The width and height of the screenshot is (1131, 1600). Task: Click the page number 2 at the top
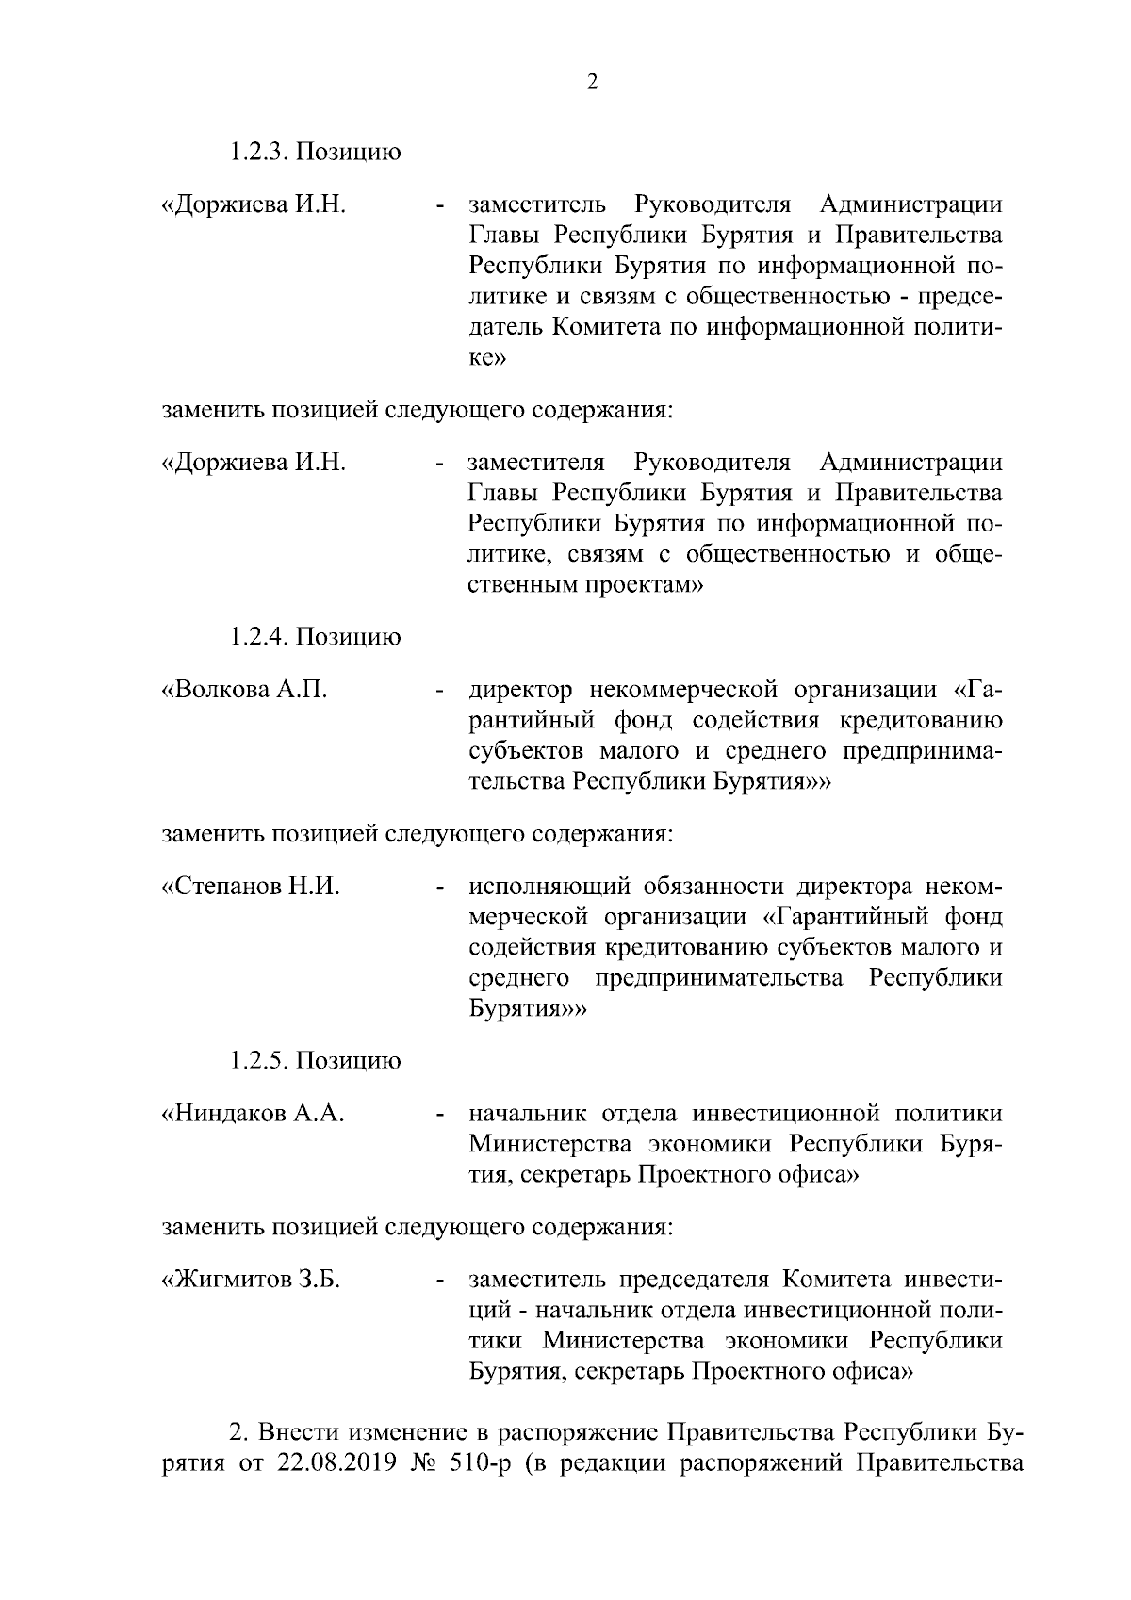tap(592, 82)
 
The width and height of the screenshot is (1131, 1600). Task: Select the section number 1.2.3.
tap(259, 152)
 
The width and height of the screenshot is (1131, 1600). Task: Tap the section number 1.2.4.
tap(259, 637)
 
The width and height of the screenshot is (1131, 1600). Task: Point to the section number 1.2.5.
tap(259, 1061)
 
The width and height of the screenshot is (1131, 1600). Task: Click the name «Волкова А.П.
tap(245, 690)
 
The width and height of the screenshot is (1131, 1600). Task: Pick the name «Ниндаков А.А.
tap(253, 1114)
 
